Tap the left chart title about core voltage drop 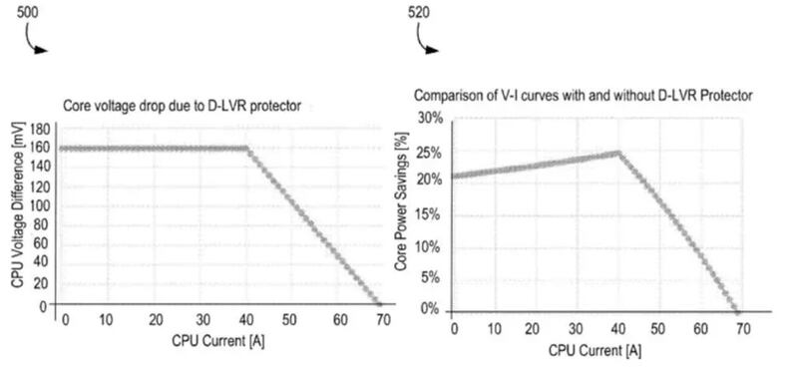point(181,104)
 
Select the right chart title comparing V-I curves point(583,95)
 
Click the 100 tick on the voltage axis point(41,204)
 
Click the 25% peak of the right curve point(618,153)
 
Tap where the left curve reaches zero point(377,303)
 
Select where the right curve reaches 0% point(737,310)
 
